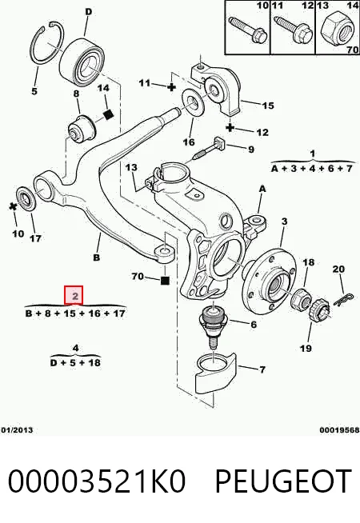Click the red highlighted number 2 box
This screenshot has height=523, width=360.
74,296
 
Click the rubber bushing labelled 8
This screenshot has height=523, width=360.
82,127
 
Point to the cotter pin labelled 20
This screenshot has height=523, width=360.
342,300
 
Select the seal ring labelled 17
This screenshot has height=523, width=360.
25,198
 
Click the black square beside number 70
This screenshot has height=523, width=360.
165,280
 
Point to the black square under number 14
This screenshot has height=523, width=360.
108,115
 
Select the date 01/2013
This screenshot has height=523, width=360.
17,430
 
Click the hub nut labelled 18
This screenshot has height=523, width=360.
302,297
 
